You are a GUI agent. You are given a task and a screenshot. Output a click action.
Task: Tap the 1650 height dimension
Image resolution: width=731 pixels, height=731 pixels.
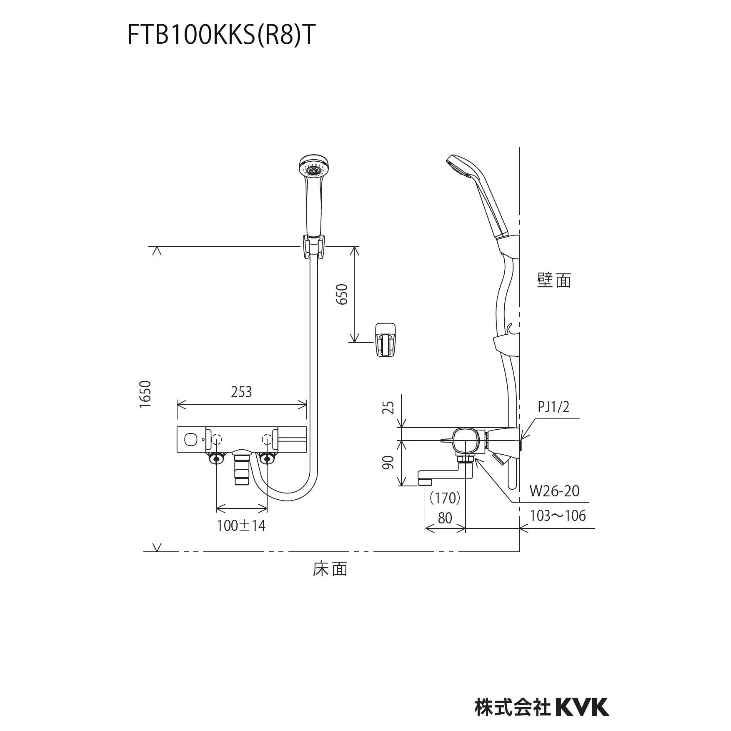coord(145,394)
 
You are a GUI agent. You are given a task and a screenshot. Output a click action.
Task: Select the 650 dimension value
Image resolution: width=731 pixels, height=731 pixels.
coord(342,294)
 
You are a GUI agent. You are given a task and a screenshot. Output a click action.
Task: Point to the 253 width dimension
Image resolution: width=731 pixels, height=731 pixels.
coord(242,392)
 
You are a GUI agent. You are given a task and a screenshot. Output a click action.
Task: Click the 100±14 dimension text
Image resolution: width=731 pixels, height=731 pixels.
coord(241,526)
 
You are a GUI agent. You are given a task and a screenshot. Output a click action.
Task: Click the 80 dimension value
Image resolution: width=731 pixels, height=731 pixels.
coord(445,518)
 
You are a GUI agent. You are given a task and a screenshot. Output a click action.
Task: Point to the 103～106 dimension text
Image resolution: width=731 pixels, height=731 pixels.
coord(558,516)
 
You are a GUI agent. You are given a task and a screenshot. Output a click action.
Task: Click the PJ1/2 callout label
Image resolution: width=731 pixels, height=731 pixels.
coord(553,407)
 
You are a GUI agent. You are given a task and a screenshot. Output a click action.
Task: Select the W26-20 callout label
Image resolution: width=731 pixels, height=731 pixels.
coord(554,491)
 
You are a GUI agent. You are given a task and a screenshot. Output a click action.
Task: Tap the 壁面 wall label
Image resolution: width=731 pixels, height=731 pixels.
coord(554,280)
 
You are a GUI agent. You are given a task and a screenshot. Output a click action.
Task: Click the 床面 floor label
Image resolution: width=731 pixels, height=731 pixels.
coord(330,569)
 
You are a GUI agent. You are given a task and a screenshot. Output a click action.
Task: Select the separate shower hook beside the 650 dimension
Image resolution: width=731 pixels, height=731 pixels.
coord(386,340)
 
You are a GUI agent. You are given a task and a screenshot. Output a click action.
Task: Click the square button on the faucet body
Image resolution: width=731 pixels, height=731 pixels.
coord(191,439)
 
